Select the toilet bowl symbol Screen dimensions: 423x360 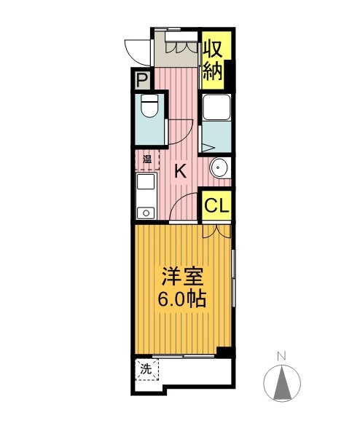tap(150, 108)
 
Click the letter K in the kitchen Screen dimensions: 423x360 tap(181, 172)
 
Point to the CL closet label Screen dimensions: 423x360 tap(216, 206)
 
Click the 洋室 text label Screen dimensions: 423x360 tap(182, 277)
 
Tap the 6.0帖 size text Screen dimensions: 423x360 tap(182, 299)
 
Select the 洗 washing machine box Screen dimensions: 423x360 tap(146, 369)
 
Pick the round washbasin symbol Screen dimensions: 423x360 tap(219, 169)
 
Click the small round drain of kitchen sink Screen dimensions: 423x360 tap(146, 213)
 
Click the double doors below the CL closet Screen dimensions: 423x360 tap(216, 230)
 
